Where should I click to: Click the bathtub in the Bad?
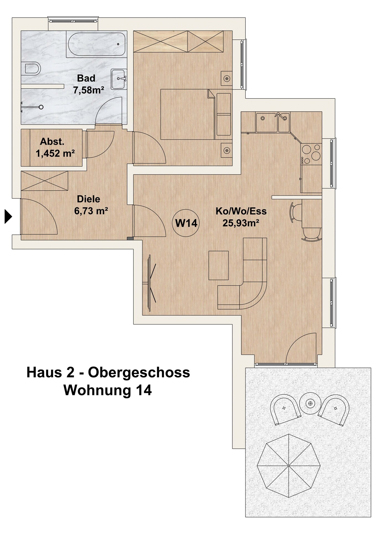click(96, 44)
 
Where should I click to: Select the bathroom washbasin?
click(119, 79)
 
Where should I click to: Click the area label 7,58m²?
click(89, 90)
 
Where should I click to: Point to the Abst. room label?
click(52, 142)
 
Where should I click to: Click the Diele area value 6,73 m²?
click(91, 211)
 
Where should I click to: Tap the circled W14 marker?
click(186, 223)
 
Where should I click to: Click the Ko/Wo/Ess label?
click(241, 211)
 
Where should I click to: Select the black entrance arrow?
click(8, 216)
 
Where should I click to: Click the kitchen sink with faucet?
click(273, 122)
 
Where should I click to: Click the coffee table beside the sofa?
click(219, 265)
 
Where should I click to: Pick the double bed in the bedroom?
click(188, 114)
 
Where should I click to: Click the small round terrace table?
click(310, 403)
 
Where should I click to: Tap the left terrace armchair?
click(285, 410)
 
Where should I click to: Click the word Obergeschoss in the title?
click(139, 373)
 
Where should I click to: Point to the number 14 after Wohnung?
click(144, 390)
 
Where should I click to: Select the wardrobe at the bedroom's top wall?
click(178, 41)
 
